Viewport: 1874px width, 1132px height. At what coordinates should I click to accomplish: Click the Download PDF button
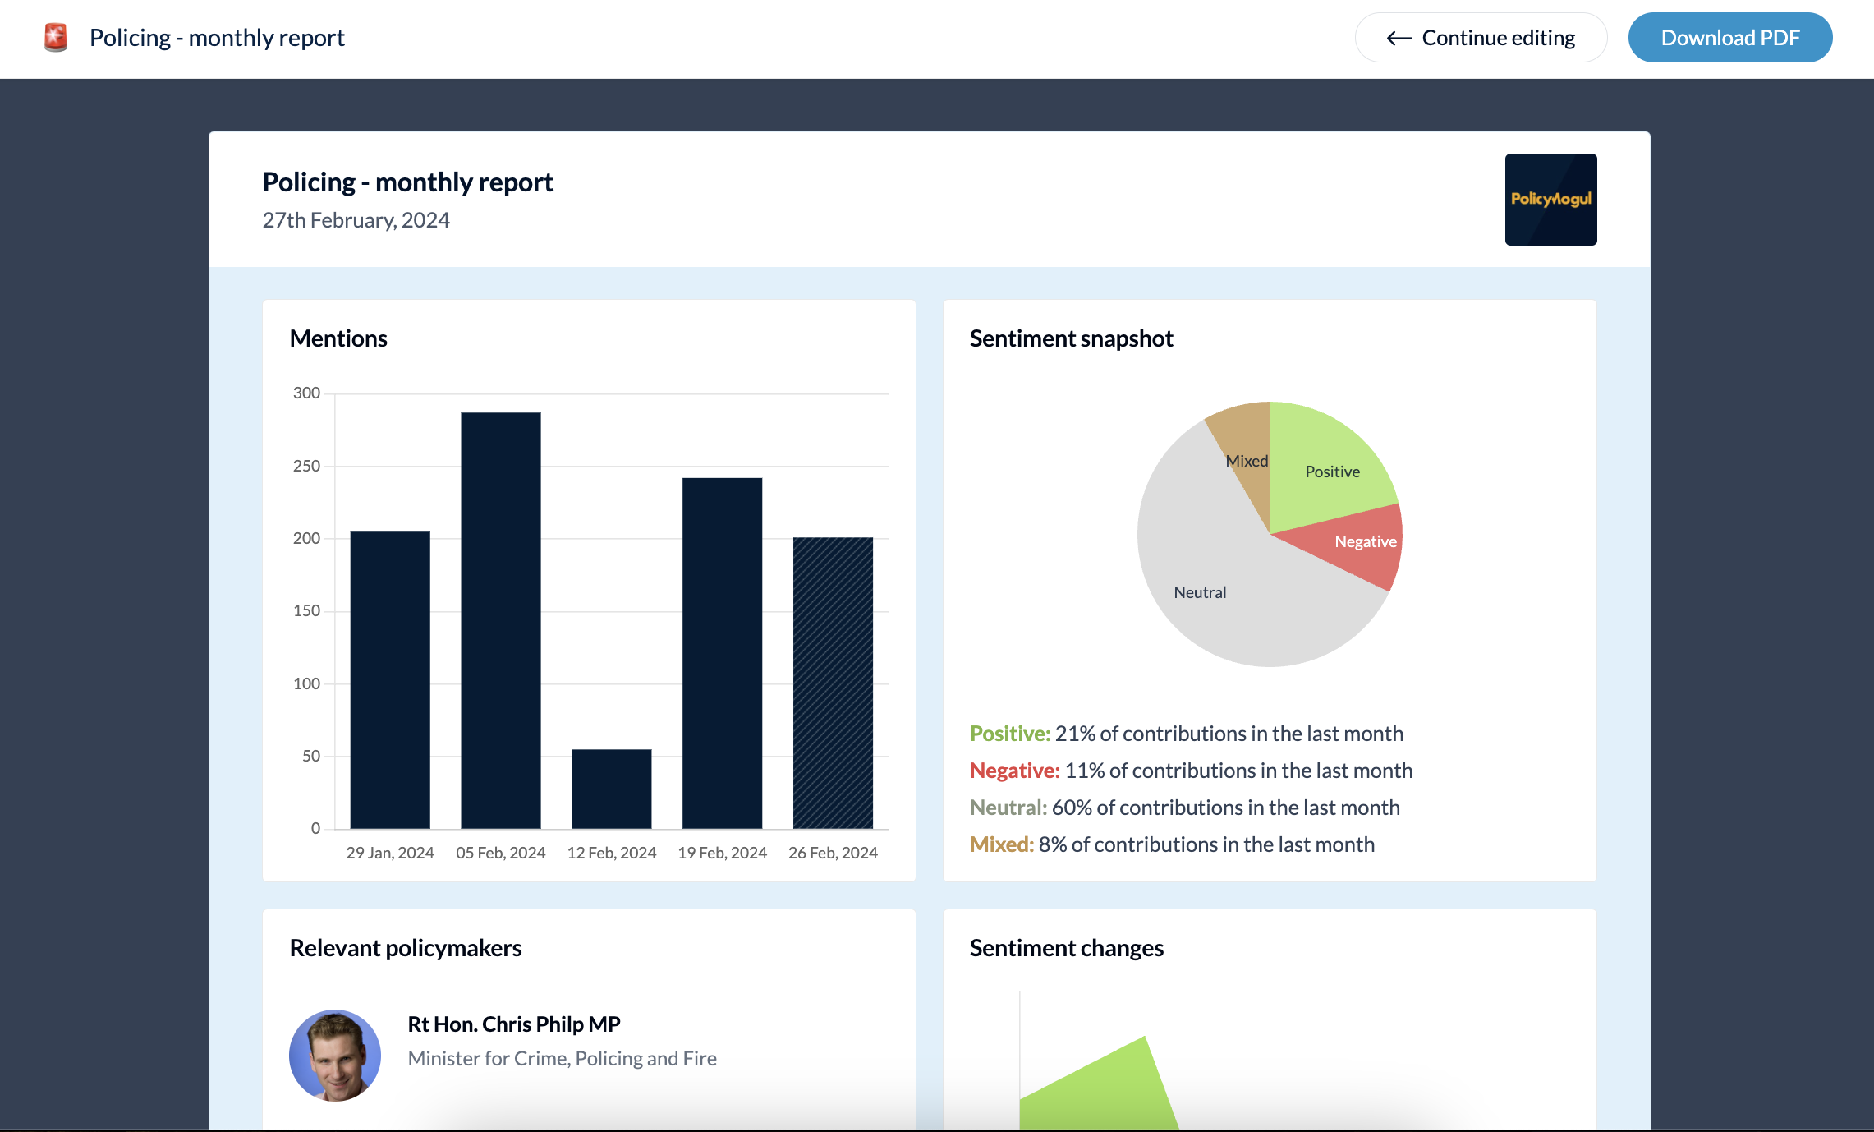1729,38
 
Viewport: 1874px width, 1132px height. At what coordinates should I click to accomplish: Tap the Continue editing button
1481,38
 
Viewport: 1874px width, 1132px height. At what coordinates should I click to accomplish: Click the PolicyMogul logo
1550,200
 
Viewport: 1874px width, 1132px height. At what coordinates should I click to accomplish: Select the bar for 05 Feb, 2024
501,620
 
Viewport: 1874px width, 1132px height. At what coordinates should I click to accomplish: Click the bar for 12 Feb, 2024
612,789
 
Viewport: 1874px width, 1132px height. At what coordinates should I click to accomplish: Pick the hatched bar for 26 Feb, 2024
833,682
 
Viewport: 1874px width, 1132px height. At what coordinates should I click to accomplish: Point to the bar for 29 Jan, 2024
390,679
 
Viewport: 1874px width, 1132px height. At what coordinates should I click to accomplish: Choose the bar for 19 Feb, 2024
722,653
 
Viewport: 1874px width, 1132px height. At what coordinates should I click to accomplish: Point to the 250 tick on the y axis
306,466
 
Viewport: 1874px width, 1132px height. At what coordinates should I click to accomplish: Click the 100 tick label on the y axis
306,683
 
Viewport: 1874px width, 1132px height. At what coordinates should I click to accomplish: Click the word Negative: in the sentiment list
1015,771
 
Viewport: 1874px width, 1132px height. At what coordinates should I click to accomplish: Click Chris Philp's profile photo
335,1056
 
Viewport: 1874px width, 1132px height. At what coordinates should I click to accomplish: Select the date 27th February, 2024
356,220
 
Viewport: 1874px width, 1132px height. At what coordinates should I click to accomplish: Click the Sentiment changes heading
1066,948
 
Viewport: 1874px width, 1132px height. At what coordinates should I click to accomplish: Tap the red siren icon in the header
56,38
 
